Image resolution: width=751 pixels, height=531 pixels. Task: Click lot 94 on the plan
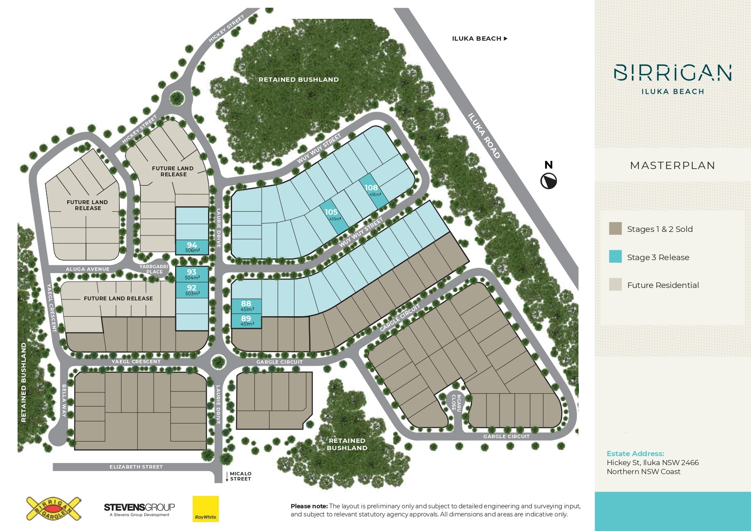pyautogui.click(x=192, y=247)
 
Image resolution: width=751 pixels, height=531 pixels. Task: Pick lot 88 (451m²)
pyautogui.click(x=246, y=306)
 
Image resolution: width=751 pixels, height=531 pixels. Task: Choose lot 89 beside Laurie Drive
pyautogui.click(x=246, y=320)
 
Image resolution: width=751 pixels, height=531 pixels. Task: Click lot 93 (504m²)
pyautogui.click(x=192, y=274)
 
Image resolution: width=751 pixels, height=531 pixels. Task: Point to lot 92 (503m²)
pyautogui.click(x=192, y=290)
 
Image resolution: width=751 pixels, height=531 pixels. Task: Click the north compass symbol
pyautogui.click(x=548, y=181)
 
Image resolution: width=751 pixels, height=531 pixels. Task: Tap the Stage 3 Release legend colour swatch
pyautogui.click(x=615, y=256)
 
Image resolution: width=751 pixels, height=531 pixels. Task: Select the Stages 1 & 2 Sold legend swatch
pyautogui.click(x=615, y=228)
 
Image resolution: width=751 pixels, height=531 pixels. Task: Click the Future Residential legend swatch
pyautogui.click(x=615, y=285)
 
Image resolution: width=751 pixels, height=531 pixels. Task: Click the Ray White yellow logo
pyautogui.click(x=206, y=509)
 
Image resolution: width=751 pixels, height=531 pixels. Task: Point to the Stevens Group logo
pyautogui.click(x=139, y=509)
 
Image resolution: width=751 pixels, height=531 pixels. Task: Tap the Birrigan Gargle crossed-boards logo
pyautogui.click(x=54, y=509)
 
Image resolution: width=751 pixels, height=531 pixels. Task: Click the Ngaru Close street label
pyautogui.click(x=456, y=403)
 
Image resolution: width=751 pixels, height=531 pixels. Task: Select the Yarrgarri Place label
pyautogui.click(x=154, y=269)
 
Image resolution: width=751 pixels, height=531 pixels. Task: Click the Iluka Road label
pyautogui.click(x=484, y=136)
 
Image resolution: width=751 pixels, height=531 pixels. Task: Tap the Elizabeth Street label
pyautogui.click(x=136, y=467)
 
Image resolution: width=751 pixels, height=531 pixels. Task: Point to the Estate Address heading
pyautogui.click(x=635, y=454)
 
